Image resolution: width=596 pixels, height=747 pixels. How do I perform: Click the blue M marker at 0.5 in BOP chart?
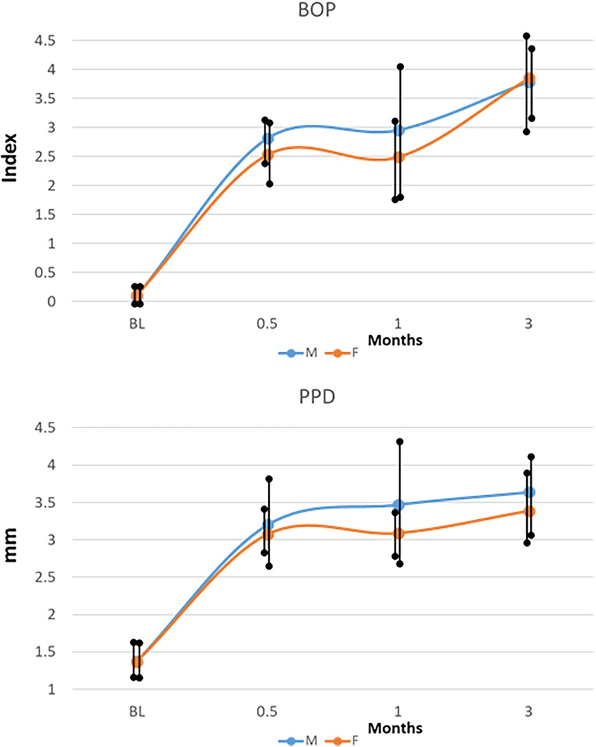[x=267, y=138]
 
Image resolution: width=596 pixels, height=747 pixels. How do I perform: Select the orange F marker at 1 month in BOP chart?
[x=398, y=157]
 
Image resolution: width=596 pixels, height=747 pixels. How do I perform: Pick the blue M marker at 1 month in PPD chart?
[x=398, y=505]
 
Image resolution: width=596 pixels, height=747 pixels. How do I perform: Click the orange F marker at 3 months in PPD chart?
[x=530, y=511]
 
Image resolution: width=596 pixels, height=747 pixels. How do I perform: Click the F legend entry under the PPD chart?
[x=355, y=740]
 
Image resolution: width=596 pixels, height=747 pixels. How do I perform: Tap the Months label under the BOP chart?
[x=395, y=340]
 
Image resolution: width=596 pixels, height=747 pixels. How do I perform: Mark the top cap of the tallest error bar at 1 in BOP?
[x=400, y=66]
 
